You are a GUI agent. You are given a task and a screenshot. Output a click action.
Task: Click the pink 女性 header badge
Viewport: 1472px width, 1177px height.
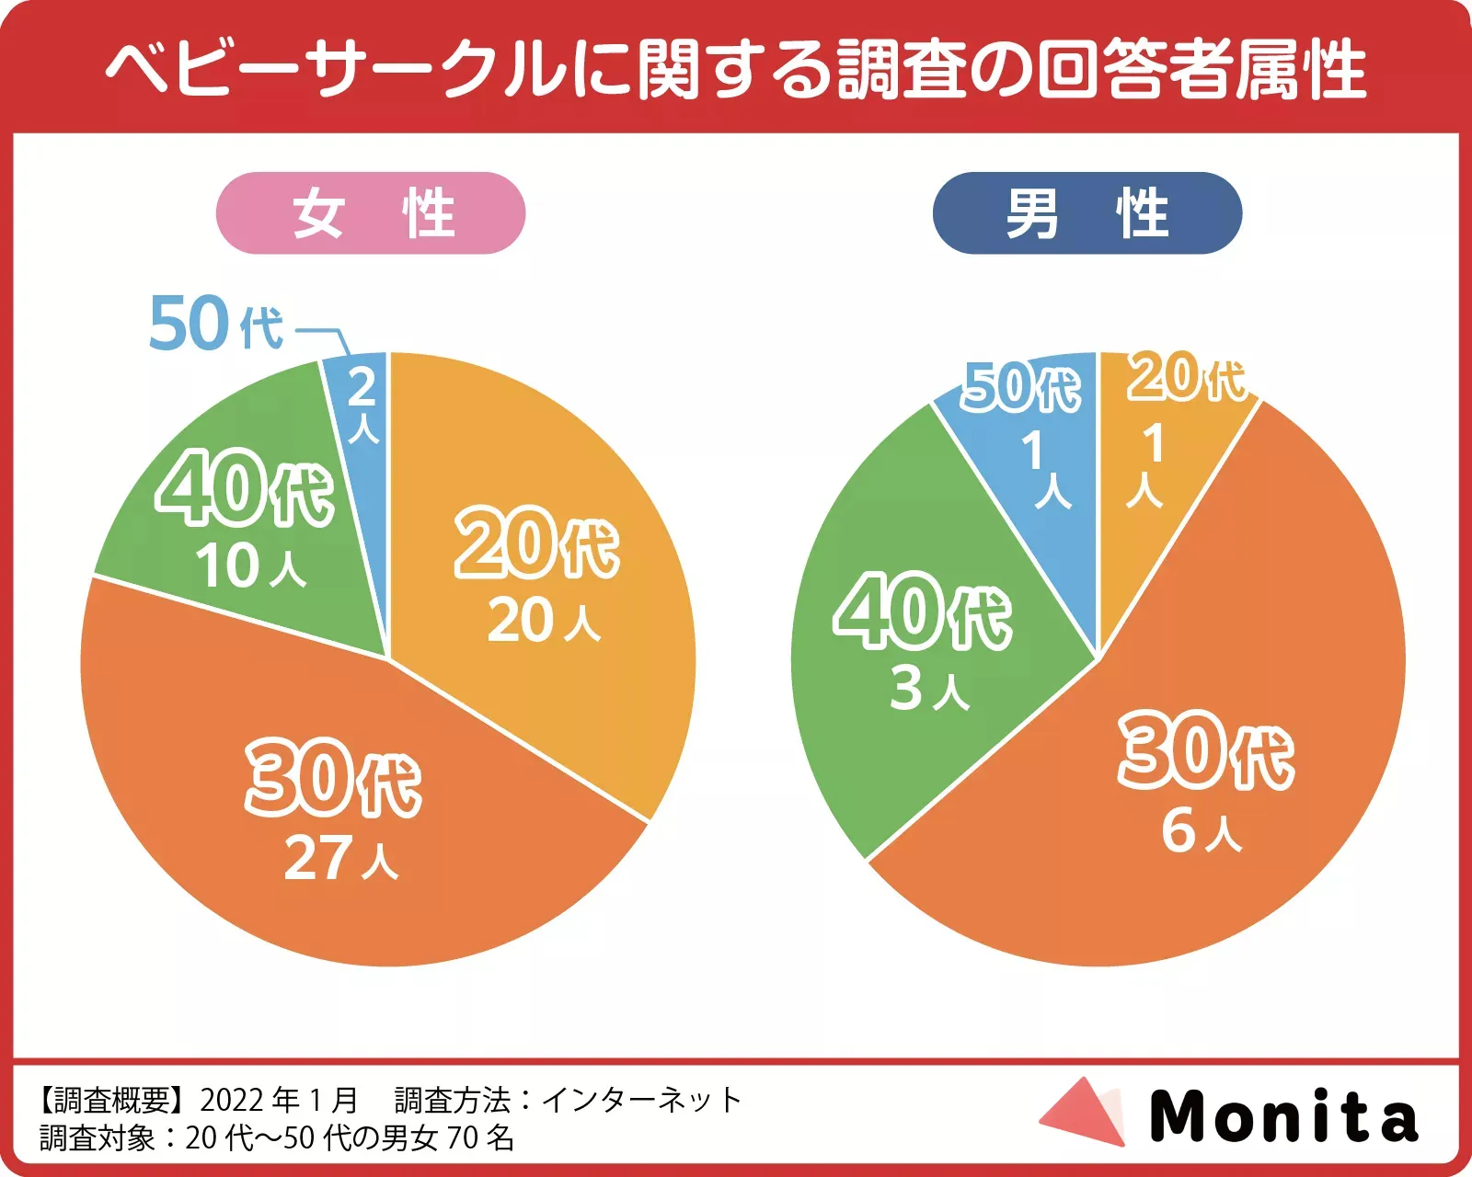point(370,213)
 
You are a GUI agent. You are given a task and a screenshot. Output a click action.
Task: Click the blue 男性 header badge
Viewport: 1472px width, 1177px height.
point(1087,213)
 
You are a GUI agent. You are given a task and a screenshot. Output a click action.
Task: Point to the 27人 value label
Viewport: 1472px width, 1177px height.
point(340,859)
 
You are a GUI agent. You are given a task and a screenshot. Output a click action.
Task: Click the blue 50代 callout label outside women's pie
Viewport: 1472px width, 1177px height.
point(216,324)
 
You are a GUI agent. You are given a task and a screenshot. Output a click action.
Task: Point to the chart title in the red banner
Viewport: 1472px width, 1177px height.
point(736,69)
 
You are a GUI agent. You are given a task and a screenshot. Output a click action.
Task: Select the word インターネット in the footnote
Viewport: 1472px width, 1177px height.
point(641,1100)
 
